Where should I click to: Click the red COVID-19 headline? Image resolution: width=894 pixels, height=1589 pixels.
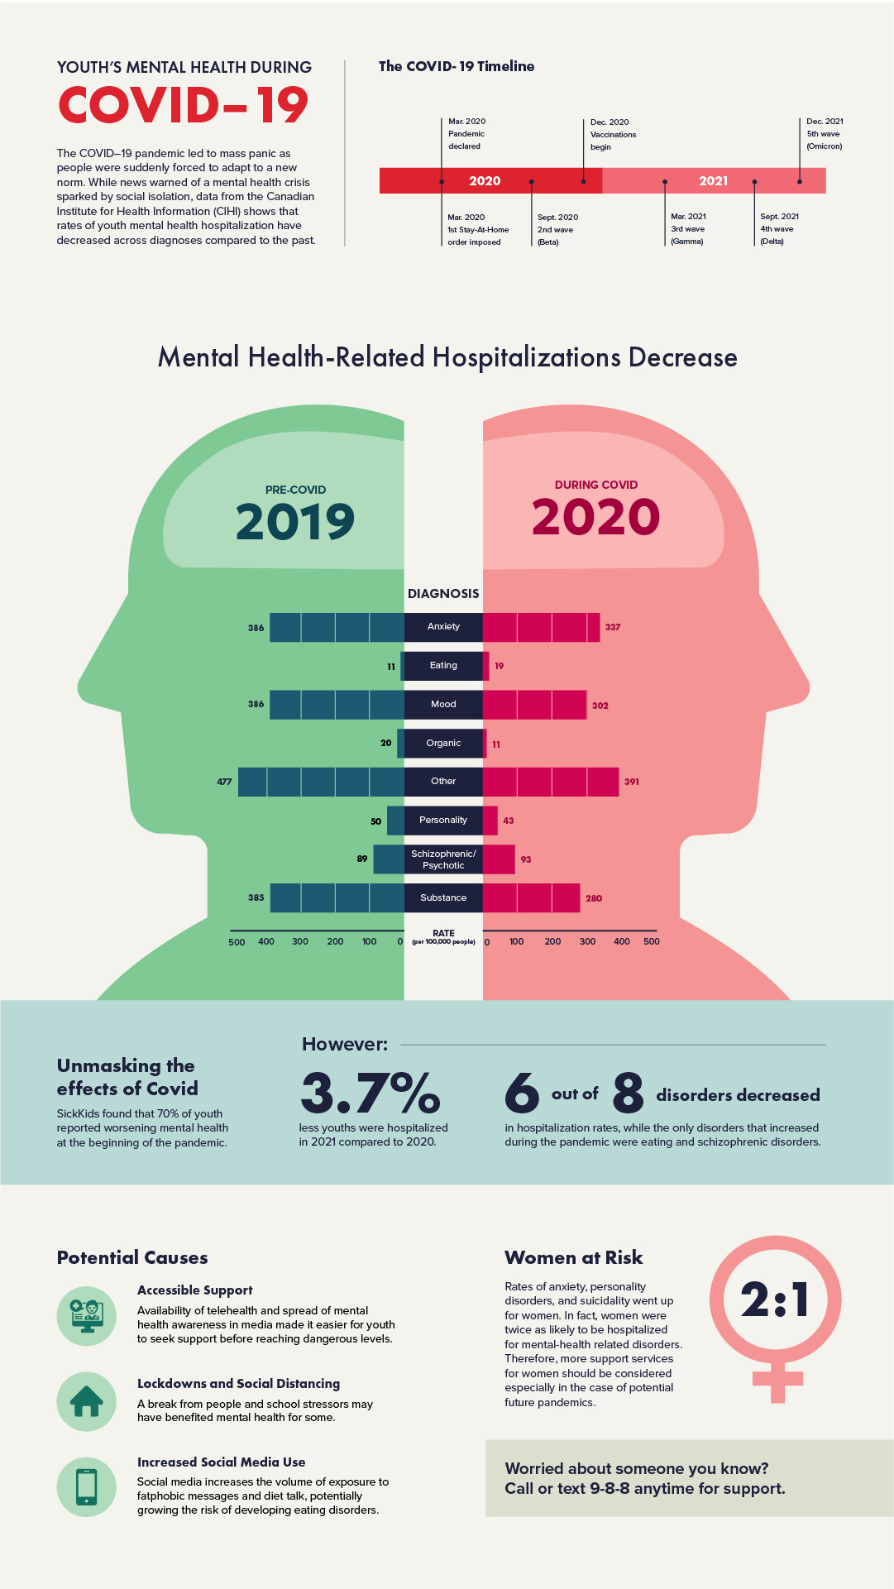click(x=183, y=106)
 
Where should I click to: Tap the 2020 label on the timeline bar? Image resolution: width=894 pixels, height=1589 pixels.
click(x=485, y=181)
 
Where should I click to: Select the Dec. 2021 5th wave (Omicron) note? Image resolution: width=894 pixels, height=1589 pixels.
click(x=825, y=134)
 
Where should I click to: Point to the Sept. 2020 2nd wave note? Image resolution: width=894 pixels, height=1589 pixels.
click(x=557, y=229)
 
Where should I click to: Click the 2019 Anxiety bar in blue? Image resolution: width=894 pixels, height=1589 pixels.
click(x=337, y=628)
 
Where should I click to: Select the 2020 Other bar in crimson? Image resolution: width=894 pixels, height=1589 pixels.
click(x=551, y=782)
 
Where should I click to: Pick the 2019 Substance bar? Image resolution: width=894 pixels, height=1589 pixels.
click(x=337, y=898)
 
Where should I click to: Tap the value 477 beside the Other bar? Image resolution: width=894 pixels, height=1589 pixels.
click(x=224, y=782)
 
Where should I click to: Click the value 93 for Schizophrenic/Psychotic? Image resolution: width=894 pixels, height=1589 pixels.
click(x=526, y=859)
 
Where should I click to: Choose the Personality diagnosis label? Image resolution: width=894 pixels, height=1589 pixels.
click(x=443, y=821)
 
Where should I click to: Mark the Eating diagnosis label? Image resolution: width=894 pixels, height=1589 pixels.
click(x=443, y=666)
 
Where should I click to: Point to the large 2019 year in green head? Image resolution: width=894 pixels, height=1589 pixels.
click(x=295, y=522)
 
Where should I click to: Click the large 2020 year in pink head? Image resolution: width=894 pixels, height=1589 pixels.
click(x=595, y=518)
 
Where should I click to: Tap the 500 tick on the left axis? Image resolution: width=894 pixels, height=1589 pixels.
click(x=237, y=942)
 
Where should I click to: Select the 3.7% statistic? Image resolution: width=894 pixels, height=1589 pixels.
click(x=370, y=1093)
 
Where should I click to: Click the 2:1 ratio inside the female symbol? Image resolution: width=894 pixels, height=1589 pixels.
click(x=775, y=1299)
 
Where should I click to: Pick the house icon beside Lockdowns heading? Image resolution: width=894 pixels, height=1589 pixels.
click(x=87, y=1401)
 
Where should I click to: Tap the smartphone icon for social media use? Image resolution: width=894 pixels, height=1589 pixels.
click(x=87, y=1486)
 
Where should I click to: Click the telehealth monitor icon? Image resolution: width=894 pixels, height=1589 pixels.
click(x=87, y=1316)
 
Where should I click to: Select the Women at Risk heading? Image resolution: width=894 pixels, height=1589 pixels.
click(x=573, y=1258)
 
